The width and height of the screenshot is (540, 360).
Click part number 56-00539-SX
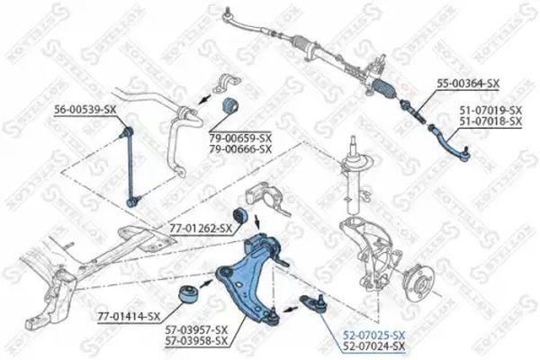point(85,110)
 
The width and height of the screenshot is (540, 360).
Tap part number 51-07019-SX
point(490,111)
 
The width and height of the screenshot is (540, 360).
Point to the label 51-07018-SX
point(490,121)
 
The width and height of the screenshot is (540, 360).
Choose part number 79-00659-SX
point(240,139)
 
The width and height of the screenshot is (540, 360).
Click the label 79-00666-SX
point(240,149)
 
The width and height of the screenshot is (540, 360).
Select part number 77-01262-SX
point(201,228)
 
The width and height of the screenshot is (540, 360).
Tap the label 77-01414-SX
point(129,316)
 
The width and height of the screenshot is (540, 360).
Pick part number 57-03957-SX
point(196,329)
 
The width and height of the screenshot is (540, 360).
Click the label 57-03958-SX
point(196,341)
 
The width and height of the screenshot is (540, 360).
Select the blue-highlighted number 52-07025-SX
point(373,335)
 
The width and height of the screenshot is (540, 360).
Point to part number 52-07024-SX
point(373,346)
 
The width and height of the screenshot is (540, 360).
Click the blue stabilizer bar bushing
point(229,105)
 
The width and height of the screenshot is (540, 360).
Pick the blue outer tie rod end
point(449,144)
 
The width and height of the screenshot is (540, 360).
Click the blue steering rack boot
point(386,90)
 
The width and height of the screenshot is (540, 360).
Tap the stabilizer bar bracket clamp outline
point(226,85)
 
